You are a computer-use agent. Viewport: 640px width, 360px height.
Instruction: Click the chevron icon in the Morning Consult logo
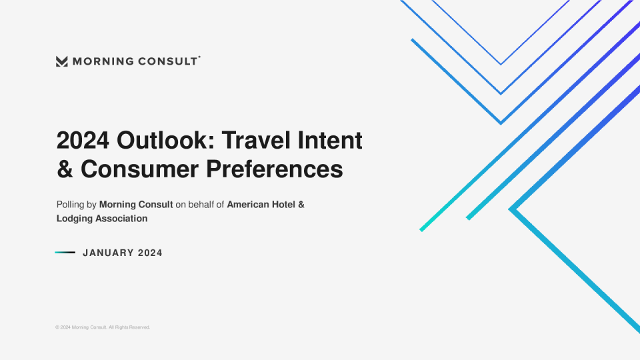click(61, 61)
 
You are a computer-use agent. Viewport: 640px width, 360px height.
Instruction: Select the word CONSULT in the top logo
click(167, 61)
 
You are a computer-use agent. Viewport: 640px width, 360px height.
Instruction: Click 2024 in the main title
click(83, 141)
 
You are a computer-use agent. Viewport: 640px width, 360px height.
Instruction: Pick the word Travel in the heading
click(257, 140)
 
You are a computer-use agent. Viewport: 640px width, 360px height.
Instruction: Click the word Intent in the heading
click(330, 140)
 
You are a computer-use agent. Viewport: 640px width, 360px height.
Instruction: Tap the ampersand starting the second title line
click(65, 169)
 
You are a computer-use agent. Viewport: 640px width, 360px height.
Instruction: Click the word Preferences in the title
click(274, 169)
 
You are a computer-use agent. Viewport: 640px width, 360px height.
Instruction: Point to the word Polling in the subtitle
click(70, 205)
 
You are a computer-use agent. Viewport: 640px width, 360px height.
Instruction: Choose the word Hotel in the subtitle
click(283, 205)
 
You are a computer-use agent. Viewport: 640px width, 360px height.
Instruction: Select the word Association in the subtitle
click(121, 219)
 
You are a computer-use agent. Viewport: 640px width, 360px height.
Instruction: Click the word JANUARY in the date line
click(108, 253)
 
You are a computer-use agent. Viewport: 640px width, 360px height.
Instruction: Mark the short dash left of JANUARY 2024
click(65, 253)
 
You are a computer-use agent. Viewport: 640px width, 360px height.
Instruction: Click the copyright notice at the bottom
click(103, 327)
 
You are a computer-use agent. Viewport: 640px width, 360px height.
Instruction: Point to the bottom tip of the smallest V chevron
click(501, 65)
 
